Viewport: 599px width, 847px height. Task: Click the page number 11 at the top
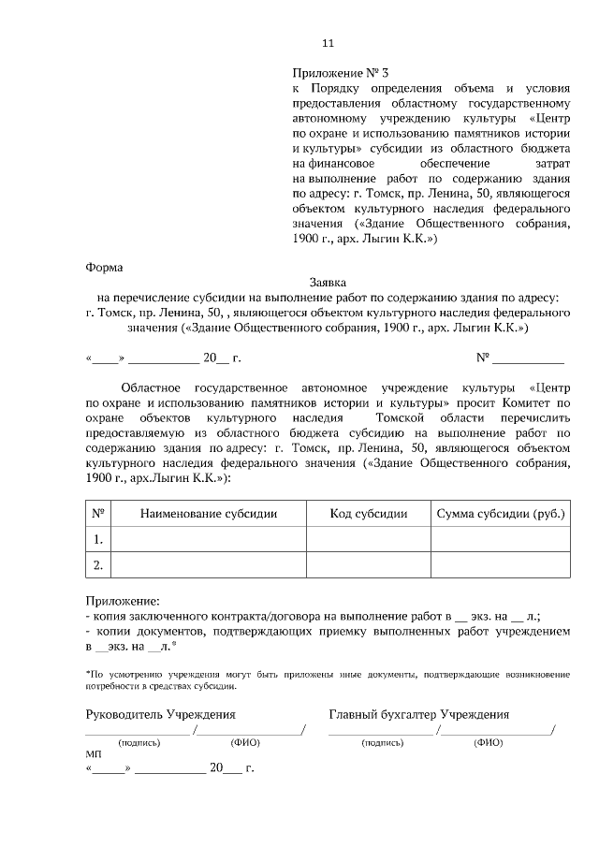(327, 43)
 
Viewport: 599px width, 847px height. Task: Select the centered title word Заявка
(328, 282)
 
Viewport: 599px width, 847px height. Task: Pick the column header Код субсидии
(369, 514)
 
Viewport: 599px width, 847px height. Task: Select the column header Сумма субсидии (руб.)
(501, 514)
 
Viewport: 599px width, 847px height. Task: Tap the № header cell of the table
(97, 514)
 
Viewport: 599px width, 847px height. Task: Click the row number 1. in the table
(97, 539)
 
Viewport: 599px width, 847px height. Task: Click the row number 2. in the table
(97, 564)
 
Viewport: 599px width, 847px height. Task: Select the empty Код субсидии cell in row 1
(369, 539)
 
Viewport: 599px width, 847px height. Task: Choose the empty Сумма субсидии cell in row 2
(501, 564)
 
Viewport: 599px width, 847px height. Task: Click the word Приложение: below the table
(123, 601)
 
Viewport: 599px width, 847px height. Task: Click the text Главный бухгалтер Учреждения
(418, 714)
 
